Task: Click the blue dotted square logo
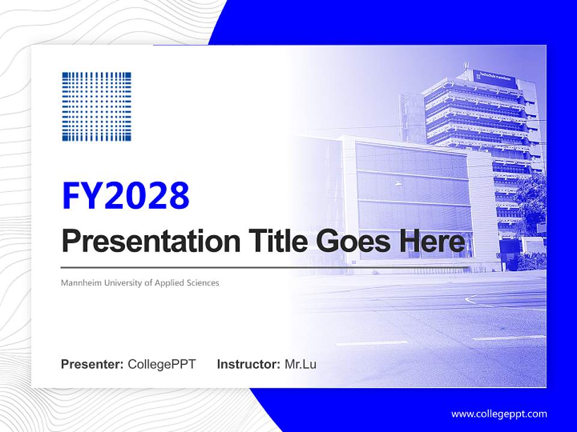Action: coord(96,107)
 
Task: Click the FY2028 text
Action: coord(126,196)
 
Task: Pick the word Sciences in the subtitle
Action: coord(203,283)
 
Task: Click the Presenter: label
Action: coord(93,364)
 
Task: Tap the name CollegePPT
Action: coord(162,364)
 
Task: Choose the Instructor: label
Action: coord(248,364)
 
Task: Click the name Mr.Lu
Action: coord(301,364)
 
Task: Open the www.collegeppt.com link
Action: coord(499,414)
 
